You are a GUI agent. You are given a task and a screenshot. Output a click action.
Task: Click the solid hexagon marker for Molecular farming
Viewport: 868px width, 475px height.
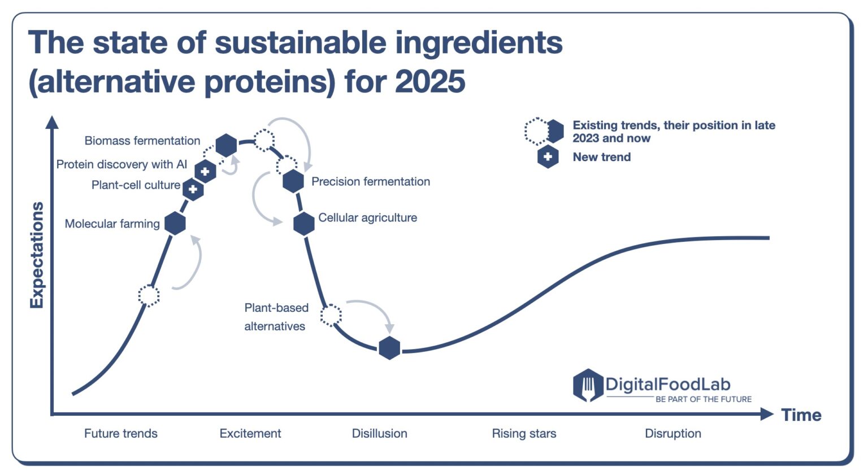pyautogui.click(x=175, y=224)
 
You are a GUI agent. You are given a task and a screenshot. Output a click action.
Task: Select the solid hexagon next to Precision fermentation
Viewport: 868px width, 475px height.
pyautogui.click(x=293, y=181)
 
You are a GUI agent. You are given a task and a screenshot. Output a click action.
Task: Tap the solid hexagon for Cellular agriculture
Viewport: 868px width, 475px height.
pyautogui.click(x=304, y=224)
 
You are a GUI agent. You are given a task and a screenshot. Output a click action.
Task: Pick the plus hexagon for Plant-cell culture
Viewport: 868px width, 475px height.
pyautogui.click(x=193, y=189)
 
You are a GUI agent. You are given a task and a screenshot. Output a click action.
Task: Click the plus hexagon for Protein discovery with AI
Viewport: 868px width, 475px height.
pyautogui.click(x=205, y=171)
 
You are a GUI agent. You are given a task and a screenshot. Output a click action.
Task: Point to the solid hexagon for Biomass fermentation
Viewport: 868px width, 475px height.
pyautogui.click(x=226, y=145)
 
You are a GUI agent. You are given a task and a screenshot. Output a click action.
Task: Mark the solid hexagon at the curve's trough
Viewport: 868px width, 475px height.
pyautogui.click(x=389, y=348)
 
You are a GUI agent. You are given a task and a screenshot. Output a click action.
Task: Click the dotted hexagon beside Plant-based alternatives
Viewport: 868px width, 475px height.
pyautogui.click(x=331, y=315)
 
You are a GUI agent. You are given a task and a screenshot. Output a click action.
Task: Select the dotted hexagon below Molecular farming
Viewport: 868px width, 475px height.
pyautogui.click(x=149, y=295)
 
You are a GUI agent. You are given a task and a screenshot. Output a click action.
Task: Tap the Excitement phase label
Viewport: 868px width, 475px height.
pyautogui.click(x=250, y=433)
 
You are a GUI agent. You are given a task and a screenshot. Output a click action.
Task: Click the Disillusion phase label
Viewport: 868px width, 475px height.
pyautogui.click(x=379, y=433)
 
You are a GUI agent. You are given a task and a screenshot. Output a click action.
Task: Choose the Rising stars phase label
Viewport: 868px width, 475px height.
pyautogui.click(x=524, y=433)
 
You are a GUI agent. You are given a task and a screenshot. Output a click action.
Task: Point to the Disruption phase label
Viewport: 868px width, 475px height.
pyautogui.click(x=672, y=433)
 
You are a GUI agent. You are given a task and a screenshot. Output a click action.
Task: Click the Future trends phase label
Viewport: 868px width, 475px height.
pyautogui.click(x=120, y=433)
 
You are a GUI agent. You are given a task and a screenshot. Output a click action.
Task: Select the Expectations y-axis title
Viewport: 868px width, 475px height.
pyautogui.click(x=37, y=255)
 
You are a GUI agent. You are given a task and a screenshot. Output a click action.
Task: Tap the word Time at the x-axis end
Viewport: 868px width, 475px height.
pyautogui.click(x=801, y=415)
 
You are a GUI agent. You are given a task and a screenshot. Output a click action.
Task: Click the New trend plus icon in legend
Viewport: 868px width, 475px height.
pyautogui.click(x=548, y=157)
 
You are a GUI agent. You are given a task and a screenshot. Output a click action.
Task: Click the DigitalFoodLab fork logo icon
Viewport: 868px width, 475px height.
pyautogui.click(x=588, y=385)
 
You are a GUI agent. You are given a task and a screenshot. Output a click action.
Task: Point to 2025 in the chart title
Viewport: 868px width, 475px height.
pyautogui.click(x=430, y=81)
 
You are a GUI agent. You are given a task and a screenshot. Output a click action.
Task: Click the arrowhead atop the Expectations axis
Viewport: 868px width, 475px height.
pyautogui.click(x=52, y=121)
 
